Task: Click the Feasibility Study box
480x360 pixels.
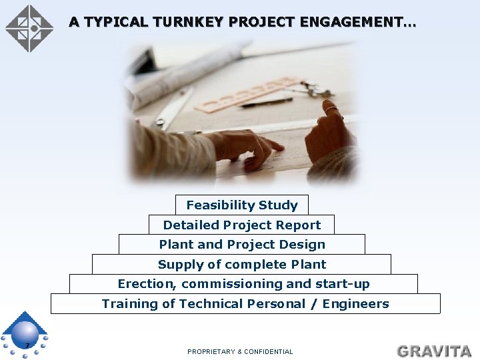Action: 242,205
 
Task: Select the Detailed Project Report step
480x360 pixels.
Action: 241,225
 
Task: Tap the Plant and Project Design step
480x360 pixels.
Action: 242,244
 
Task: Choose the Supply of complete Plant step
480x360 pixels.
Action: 242,264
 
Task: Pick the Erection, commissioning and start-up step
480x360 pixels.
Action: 243,283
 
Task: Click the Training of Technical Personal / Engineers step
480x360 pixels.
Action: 245,303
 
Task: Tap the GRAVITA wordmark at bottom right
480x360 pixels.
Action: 434,351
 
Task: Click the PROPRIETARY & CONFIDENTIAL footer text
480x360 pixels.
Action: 240,351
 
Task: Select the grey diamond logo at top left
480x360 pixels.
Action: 29,28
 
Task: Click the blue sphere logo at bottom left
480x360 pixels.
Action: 25,334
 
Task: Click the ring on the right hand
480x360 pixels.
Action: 330,109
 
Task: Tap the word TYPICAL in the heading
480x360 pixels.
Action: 117,22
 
